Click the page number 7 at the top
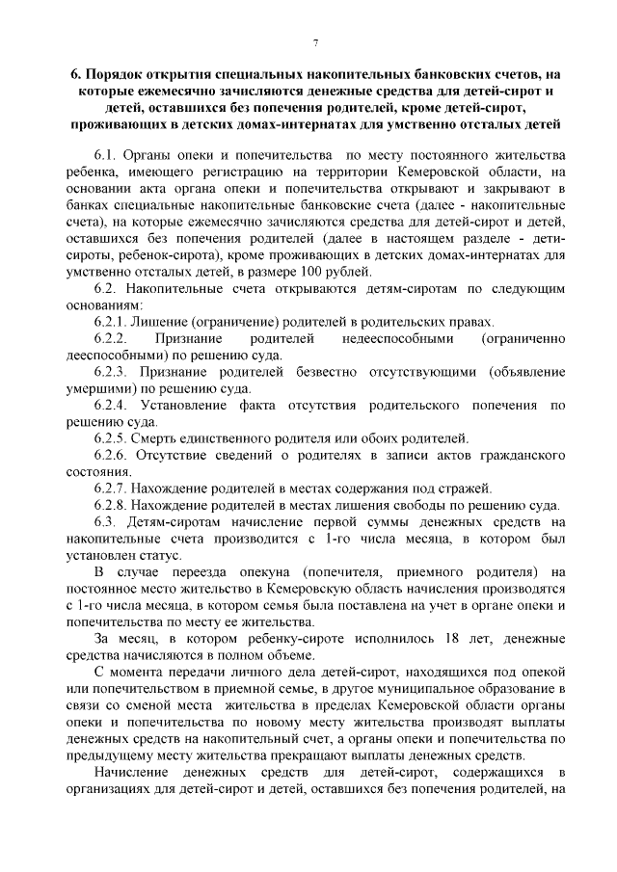315,40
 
